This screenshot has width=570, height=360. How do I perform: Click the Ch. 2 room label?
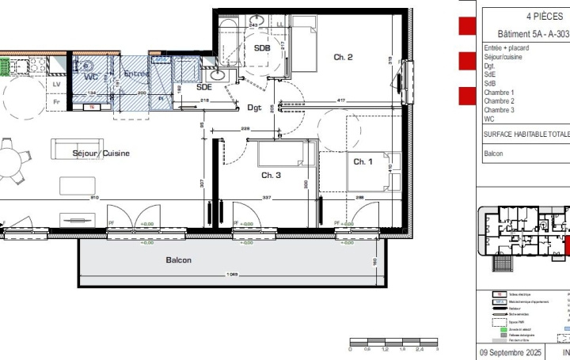point(342,57)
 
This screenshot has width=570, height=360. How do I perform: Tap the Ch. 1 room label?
point(363,161)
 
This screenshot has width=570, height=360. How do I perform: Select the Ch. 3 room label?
point(272,175)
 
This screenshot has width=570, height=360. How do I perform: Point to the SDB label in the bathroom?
point(262,48)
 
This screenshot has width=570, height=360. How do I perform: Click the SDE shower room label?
point(204,87)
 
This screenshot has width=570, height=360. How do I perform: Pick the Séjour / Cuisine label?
point(101,153)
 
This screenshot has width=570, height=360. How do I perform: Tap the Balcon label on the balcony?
point(178,260)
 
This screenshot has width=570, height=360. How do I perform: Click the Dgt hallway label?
point(253,107)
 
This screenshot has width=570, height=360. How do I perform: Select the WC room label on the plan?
point(91,77)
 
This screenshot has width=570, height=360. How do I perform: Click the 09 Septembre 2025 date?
point(511,352)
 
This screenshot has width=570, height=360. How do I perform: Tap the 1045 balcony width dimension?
point(231,275)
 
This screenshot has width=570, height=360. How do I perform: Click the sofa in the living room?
point(76,149)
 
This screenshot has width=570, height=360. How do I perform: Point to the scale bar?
point(393,343)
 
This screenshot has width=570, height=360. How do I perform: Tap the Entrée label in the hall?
point(136,74)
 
